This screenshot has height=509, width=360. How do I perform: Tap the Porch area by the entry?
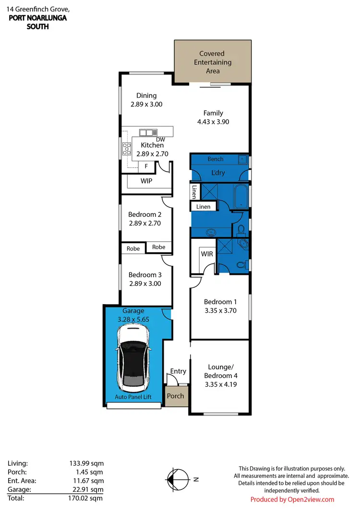pyautogui.click(x=175, y=396)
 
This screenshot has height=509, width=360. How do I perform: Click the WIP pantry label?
pyautogui.click(x=146, y=181)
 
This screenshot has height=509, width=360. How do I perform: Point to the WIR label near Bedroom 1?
pyautogui.click(x=207, y=253)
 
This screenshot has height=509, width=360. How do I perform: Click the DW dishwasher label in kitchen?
pyautogui.click(x=160, y=139)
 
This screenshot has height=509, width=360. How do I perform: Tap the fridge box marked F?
pyautogui.click(x=145, y=166)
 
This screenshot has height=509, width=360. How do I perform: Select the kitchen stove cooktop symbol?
pyautogui.click(x=127, y=149)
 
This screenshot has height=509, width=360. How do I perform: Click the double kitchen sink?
pyautogui.click(x=148, y=132)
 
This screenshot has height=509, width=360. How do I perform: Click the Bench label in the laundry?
pyautogui.click(x=215, y=159)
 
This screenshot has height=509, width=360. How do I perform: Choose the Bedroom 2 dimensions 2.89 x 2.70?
pyautogui.click(x=144, y=223)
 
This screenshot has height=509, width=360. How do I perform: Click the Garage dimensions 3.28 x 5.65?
pyautogui.click(x=133, y=319)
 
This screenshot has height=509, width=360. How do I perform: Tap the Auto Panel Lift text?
pyautogui.click(x=134, y=397)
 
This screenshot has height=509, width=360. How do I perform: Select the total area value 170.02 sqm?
pyautogui.click(x=87, y=498)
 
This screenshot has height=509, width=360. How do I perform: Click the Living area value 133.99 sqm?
pyautogui.click(x=87, y=463)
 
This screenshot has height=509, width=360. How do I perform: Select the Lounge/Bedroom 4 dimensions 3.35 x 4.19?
pyautogui.click(x=220, y=384)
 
